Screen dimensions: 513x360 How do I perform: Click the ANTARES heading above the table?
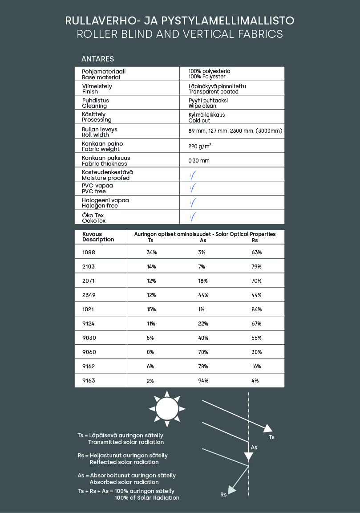[x=97, y=59]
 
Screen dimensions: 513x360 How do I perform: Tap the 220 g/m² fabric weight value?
[x=200, y=146]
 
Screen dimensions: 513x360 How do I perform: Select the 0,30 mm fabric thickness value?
[x=199, y=160]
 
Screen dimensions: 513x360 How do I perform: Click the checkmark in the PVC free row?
[x=193, y=188]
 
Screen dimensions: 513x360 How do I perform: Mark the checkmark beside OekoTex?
[x=193, y=217]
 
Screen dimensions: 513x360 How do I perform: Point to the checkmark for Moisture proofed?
[x=193, y=175]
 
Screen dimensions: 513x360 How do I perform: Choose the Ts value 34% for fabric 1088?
[x=151, y=252]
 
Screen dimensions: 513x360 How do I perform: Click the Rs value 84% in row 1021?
[x=256, y=309]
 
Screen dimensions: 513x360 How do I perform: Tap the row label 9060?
[x=89, y=352]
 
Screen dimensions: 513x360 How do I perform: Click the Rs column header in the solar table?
[x=255, y=240]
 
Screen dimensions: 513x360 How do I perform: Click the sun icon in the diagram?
[x=167, y=408]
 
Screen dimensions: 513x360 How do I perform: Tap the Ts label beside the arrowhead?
[x=271, y=437]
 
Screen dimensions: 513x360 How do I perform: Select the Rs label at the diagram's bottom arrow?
[x=223, y=494]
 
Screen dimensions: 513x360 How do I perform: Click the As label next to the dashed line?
[x=254, y=447]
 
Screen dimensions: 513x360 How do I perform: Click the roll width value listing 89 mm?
[x=235, y=131]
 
